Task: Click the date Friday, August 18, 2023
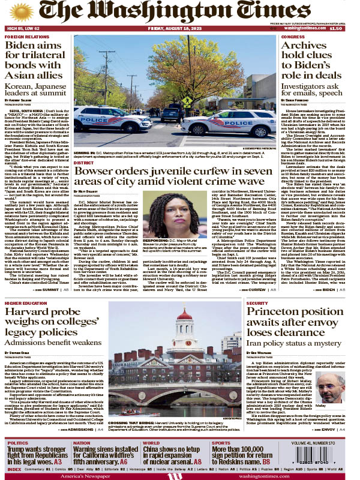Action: tap(181, 28)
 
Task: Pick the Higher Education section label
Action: tap(26, 304)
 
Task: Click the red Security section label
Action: tap(257, 304)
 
